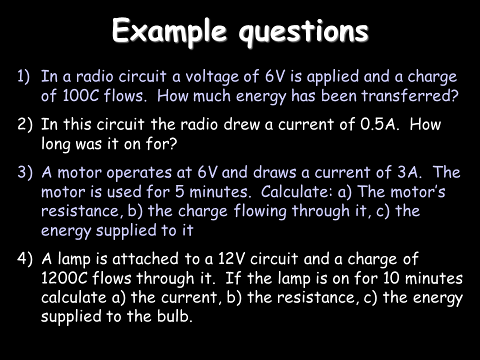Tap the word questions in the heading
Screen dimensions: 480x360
[303, 32]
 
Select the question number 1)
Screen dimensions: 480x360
[23, 76]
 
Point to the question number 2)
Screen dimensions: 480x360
[24, 124]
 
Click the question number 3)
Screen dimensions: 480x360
[24, 172]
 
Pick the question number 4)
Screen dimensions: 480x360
[24, 259]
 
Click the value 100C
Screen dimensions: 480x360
[81, 96]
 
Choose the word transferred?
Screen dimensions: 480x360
[410, 96]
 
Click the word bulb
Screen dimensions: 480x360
[175, 316]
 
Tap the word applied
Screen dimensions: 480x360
[333, 77]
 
